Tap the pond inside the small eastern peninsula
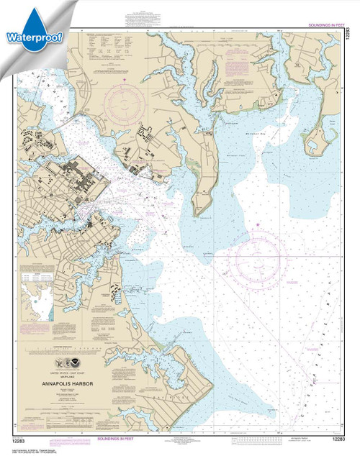[x=316, y=140]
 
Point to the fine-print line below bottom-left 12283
[x=36, y=450]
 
